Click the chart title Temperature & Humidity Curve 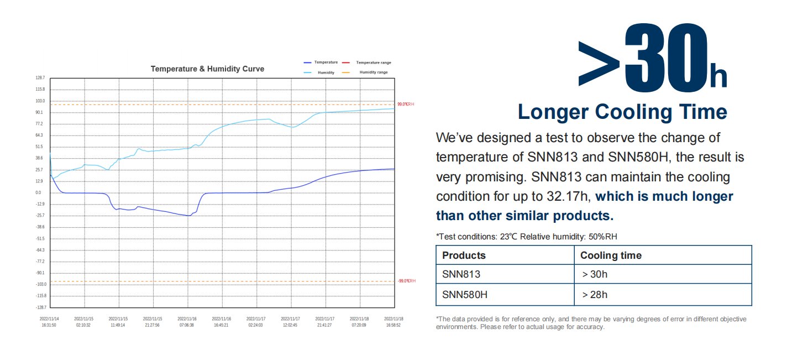coord(207,69)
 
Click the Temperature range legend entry coord(373,62)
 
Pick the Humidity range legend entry coord(374,72)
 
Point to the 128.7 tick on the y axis coord(40,78)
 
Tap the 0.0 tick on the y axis coord(38,192)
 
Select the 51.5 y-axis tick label coord(39,147)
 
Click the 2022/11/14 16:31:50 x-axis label coord(50,322)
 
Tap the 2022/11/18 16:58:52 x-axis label coord(393,322)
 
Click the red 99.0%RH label coord(406,104)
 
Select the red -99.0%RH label coord(406,281)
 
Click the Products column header coord(464,255)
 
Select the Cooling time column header coord(611,255)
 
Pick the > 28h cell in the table coord(595,295)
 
